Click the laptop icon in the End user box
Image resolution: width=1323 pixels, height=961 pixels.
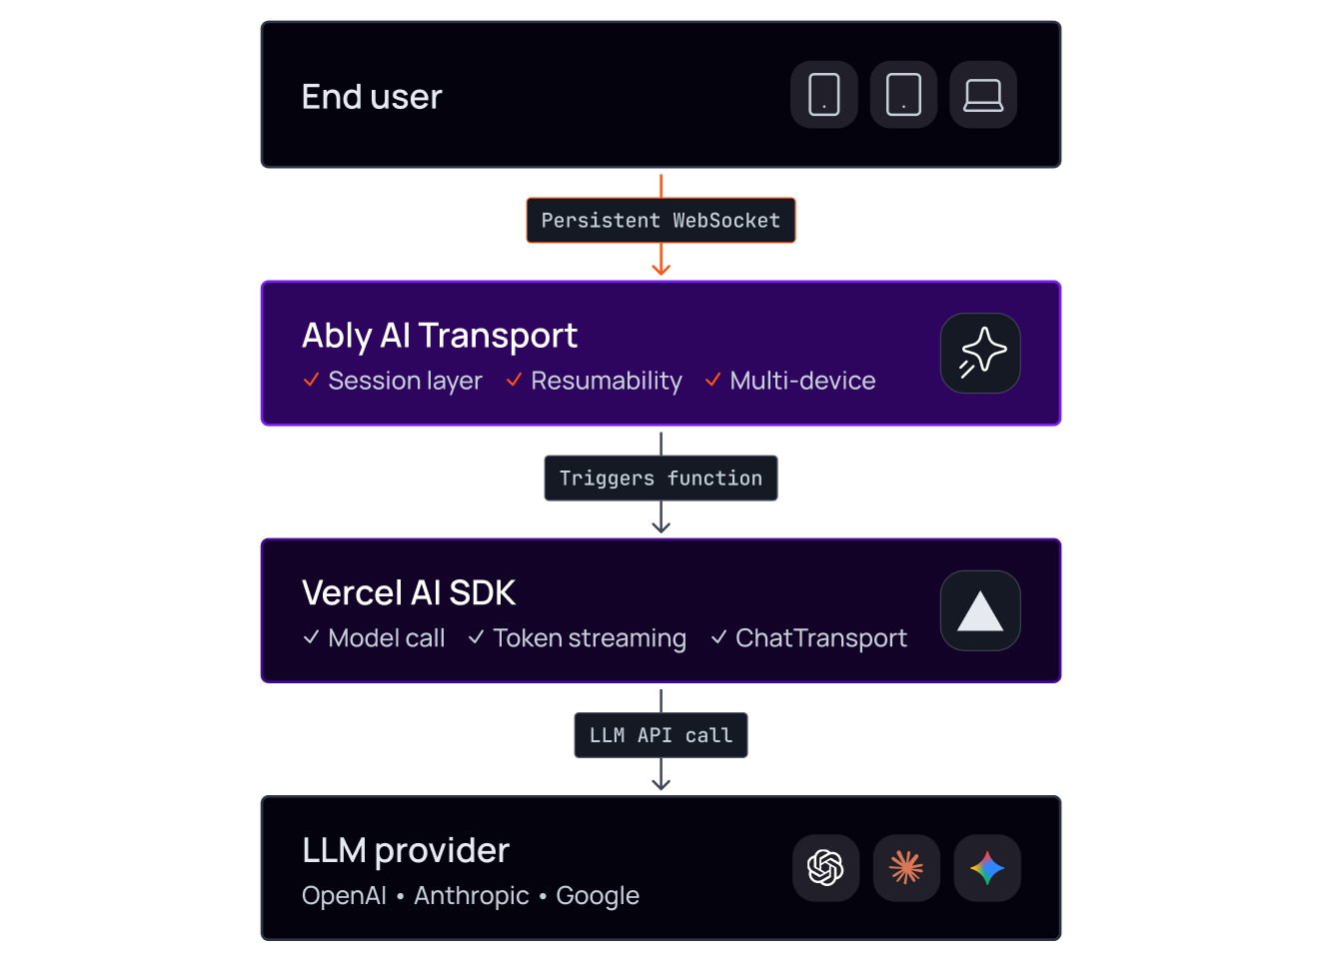(x=983, y=95)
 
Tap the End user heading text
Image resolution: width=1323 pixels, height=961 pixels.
(x=372, y=97)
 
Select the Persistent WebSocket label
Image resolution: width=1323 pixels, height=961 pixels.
(x=661, y=220)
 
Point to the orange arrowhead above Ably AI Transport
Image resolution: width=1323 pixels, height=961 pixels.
(x=661, y=269)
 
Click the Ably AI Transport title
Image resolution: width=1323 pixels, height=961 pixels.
(x=440, y=337)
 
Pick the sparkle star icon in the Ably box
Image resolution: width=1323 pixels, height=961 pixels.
(x=982, y=353)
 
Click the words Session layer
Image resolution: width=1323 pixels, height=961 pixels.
(x=405, y=381)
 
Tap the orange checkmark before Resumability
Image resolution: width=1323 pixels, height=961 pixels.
(x=514, y=380)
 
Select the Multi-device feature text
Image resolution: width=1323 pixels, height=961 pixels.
(x=802, y=381)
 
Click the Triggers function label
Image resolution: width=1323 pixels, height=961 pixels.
(x=661, y=479)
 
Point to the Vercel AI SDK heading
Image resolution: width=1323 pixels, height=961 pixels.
(x=409, y=592)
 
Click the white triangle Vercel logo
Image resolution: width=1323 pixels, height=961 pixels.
(x=980, y=611)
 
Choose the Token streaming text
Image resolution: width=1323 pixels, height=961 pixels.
(x=590, y=638)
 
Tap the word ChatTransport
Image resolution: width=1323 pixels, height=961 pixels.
(x=821, y=638)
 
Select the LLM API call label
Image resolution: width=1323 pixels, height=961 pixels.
(x=661, y=735)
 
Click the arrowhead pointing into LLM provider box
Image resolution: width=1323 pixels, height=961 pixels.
(x=661, y=784)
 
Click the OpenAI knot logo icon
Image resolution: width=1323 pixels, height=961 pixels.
(x=825, y=868)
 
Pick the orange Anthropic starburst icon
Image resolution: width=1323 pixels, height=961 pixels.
(x=906, y=868)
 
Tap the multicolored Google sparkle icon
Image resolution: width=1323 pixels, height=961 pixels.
(x=987, y=868)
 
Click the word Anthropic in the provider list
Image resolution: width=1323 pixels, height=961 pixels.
(x=472, y=896)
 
